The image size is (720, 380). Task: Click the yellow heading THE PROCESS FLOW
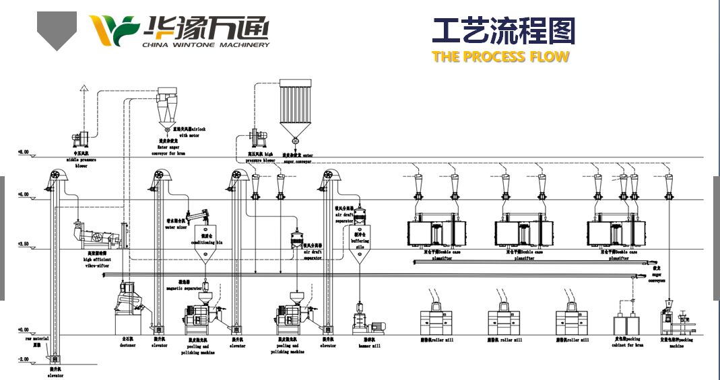[x=500, y=56]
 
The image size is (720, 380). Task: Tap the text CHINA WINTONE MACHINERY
[x=206, y=45]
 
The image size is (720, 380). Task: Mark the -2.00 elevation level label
[x=23, y=360]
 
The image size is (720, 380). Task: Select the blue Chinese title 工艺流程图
[x=504, y=31]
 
